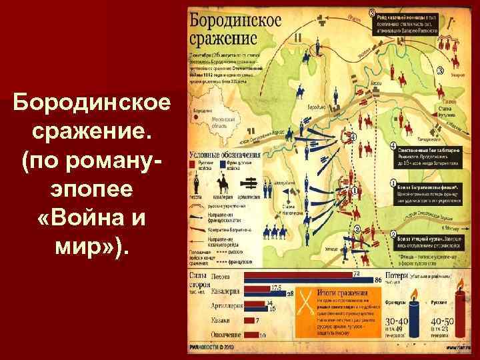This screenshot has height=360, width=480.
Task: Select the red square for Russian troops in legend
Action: [x=193, y=163]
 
